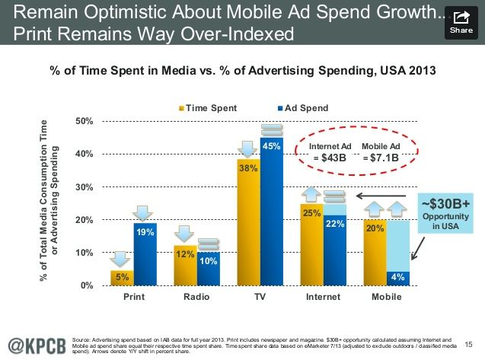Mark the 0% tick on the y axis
point(85,285)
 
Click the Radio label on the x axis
point(197,297)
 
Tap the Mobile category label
point(387,297)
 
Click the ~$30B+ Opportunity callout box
point(445,212)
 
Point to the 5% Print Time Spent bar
point(122,278)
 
